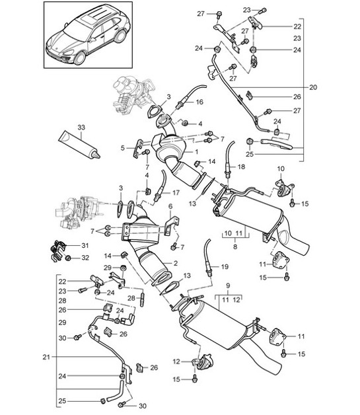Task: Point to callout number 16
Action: click(x=199, y=102)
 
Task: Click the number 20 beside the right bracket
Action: click(x=314, y=87)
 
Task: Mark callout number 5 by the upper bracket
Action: click(x=122, y=148)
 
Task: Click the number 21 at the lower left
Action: click(x=47, y=358)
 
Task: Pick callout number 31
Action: click(x=84, y=245)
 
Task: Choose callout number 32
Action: click(x=84, y=258)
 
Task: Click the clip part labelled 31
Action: click(x=58, y=250)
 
